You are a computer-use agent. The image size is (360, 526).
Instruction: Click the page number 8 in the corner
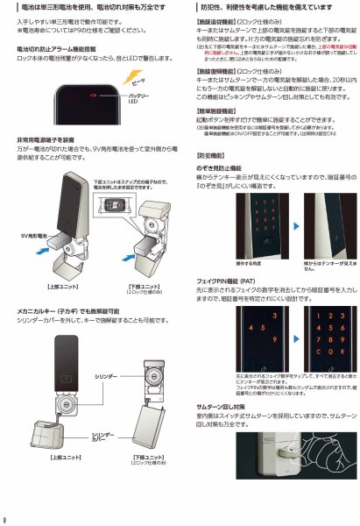pos(6,518)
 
